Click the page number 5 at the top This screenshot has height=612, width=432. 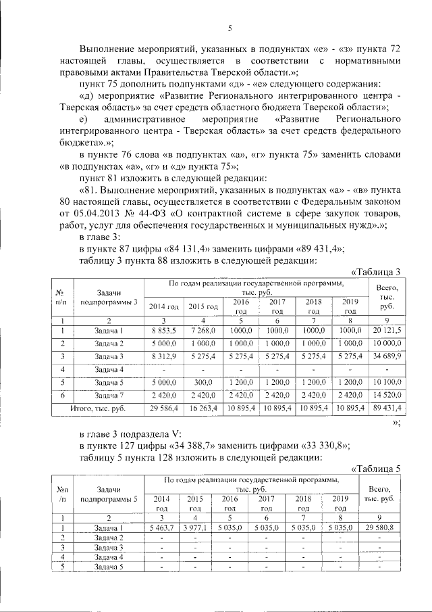[x=230, y=28]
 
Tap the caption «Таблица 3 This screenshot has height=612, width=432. [x=377, y=272]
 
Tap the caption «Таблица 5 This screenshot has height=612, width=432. [x=377, y=468]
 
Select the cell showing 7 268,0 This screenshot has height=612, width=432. [x=202, y=330]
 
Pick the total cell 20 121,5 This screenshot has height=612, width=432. [x=388, y=330]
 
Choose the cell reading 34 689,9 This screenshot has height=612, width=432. [x=388, y=356]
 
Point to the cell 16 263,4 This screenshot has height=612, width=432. [x=202, y=408]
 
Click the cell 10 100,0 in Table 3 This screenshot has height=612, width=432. [x=388, y=382]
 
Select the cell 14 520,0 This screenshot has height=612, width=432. [x=388, y=395]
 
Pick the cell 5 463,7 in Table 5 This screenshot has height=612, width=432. [x=161, y=527]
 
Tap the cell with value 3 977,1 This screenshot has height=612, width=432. [x=195, y=527]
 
